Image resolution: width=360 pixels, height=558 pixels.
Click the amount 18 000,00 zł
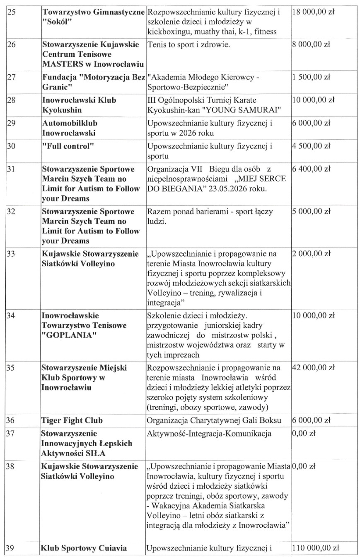314,12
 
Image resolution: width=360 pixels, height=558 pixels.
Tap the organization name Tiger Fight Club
71,420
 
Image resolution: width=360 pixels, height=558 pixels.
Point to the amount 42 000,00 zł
314,367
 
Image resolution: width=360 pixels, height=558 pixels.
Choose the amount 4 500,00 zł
311,146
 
